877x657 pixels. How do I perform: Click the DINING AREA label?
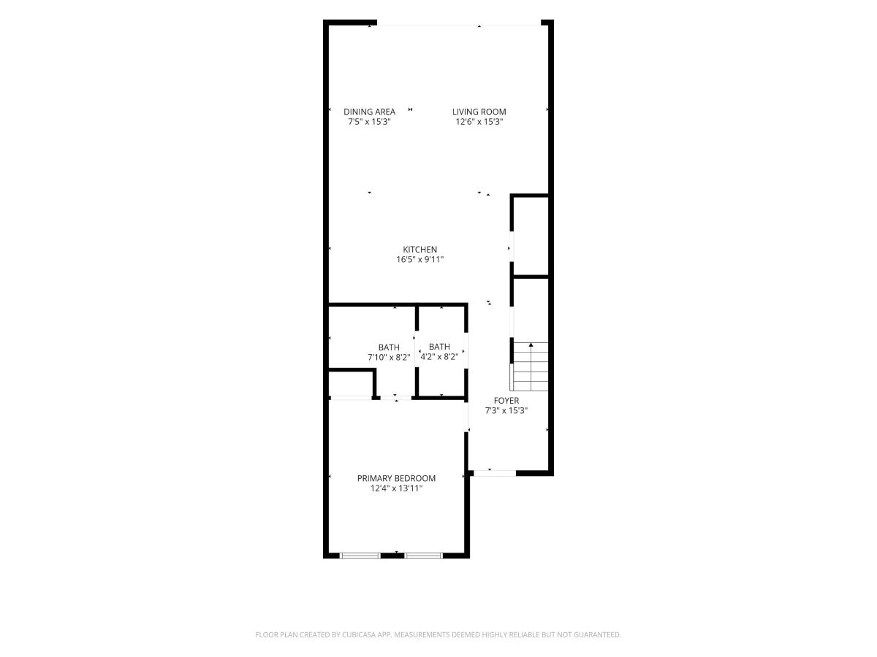click(x=369, y=112)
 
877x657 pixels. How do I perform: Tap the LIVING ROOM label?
click(x=479, y=112)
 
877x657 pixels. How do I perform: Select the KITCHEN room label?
click(x=419, y=250)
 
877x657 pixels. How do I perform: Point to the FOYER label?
click(x=506, y=401)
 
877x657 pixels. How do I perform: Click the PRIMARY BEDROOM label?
click(x=396, y=478)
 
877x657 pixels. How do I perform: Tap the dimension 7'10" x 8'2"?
click(x=389, y=357)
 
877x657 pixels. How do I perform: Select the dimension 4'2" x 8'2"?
click(x=439, y=357)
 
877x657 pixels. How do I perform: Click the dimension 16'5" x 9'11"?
click(x=420, y=260)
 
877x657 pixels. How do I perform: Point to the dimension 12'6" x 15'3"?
click(x=479, y=122)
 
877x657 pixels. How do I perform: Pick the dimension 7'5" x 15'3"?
click(x=369, y=122)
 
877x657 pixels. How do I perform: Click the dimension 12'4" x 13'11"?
click(x=396, y=488)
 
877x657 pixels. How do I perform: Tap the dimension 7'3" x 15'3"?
click(x=506, y=410)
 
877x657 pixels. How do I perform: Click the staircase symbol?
click(x=530, y=366)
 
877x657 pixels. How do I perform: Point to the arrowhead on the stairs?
click(x=531, y=345)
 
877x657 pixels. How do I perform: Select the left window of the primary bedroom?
click(x=360, y=556)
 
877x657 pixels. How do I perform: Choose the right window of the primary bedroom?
click(x=423, y=556)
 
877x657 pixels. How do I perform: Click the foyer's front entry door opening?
click(x=495, y=473)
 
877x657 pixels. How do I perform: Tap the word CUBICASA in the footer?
click(x=359, y=634)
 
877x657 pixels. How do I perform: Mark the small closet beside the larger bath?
click(x=350, y=384)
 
